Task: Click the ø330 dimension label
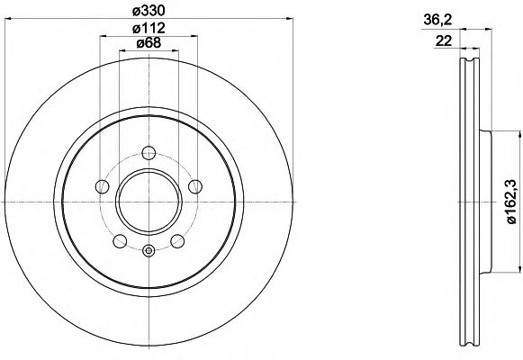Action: [x=149, y=11]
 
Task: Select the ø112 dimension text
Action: [x=149, y=28]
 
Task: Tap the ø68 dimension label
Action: [x=149, y=42]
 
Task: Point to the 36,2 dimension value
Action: [x=437, y=21]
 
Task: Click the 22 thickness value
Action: [x=444, y=41]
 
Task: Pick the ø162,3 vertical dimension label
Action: [x=511, y=202]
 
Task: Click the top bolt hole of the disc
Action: [x=149, y=153]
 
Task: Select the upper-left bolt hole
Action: [x=103, y=186]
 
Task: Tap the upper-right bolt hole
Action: [x=195, y=186]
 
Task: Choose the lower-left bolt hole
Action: [x=120, y=241]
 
